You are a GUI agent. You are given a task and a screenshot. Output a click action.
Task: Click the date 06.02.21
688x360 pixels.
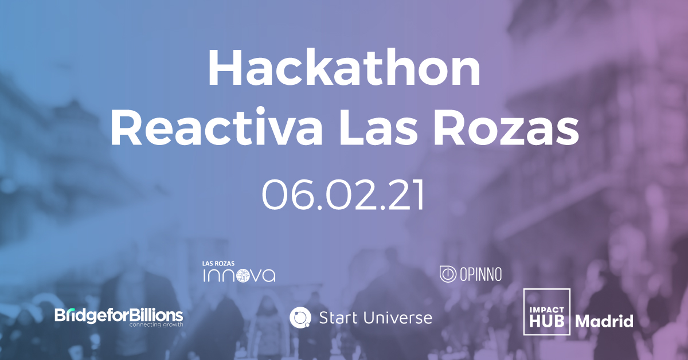coord(343,195)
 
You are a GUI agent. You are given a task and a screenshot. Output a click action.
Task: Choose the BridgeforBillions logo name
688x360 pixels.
coord(119,315)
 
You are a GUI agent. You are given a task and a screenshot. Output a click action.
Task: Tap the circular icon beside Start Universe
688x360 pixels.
coord(300,317)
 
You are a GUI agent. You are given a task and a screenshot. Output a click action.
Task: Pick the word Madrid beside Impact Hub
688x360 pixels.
coord(604,321)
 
